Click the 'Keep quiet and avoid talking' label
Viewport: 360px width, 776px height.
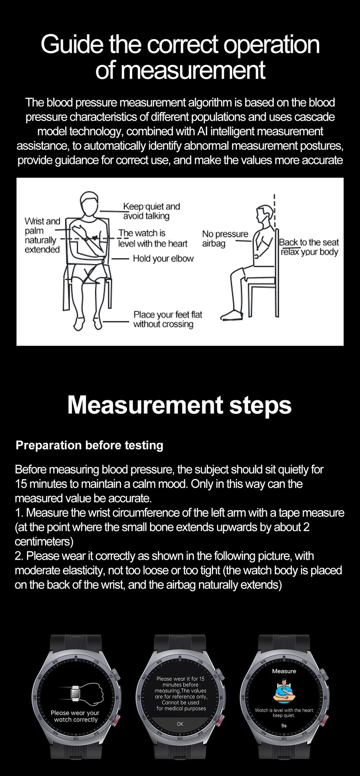click(151, 211)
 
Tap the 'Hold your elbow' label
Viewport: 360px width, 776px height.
click(163, 259)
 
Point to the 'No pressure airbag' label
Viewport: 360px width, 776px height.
click(225, 238)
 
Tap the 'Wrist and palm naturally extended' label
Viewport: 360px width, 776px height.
click(42, 235)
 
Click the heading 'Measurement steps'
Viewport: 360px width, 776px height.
click(179, 405)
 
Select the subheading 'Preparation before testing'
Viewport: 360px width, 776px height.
click(90, 445)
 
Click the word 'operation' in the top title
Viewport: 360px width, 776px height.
click(272, 45)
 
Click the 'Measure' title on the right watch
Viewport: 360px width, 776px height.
click(284, 671)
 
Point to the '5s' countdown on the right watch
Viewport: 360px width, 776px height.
click(284, 725)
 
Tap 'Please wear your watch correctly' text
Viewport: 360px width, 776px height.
click(75, 716)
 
